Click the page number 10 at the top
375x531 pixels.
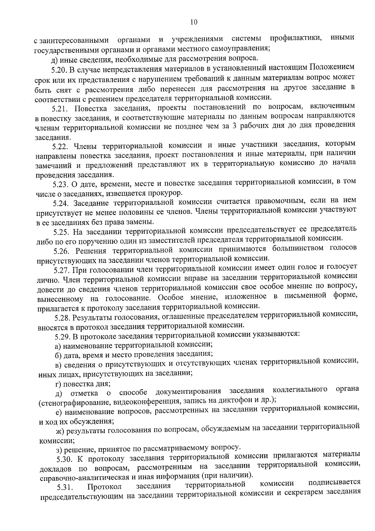coord(193,22)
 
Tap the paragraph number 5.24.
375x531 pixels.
coord(60,204)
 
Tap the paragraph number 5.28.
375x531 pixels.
coord(62,318)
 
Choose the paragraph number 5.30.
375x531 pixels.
coord(64,459)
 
